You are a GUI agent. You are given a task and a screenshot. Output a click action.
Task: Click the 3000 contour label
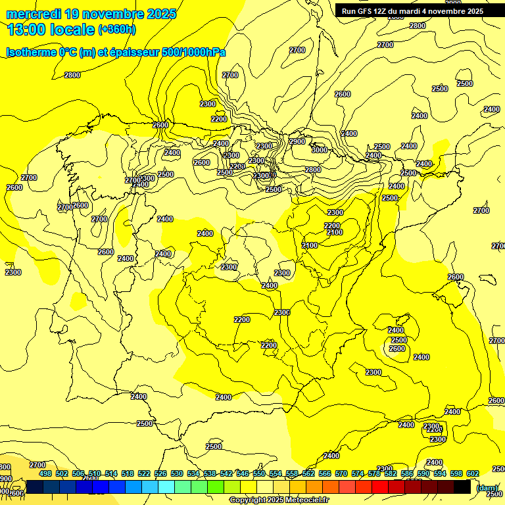(x=319, y=150)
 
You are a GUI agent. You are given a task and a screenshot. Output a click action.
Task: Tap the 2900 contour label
(x=297, y=141)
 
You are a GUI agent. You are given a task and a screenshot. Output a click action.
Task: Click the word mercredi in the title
(x=33, y=14)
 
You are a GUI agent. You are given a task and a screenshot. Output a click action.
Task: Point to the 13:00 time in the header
(x=26, y=30)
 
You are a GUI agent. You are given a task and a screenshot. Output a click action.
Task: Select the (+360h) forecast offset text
(x=116, y=30)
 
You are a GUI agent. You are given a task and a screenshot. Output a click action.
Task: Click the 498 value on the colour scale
(x=45, y=473)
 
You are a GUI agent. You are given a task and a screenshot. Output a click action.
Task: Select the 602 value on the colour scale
(x=473, y=473)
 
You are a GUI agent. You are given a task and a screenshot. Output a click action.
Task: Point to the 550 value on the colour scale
(x=259, y=473)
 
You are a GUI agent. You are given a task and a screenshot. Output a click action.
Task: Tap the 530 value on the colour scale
(x=177, y=473)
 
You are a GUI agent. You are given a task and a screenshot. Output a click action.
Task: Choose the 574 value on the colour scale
(x=358, y=473)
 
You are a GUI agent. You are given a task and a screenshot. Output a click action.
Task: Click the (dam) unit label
(x=487, y=487)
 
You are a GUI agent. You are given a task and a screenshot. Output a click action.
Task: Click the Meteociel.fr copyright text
(x=278, y=500)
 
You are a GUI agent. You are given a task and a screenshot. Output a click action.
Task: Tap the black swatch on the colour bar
(x=462, y=487)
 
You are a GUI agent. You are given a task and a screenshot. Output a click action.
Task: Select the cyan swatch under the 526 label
(x=166, y=487)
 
